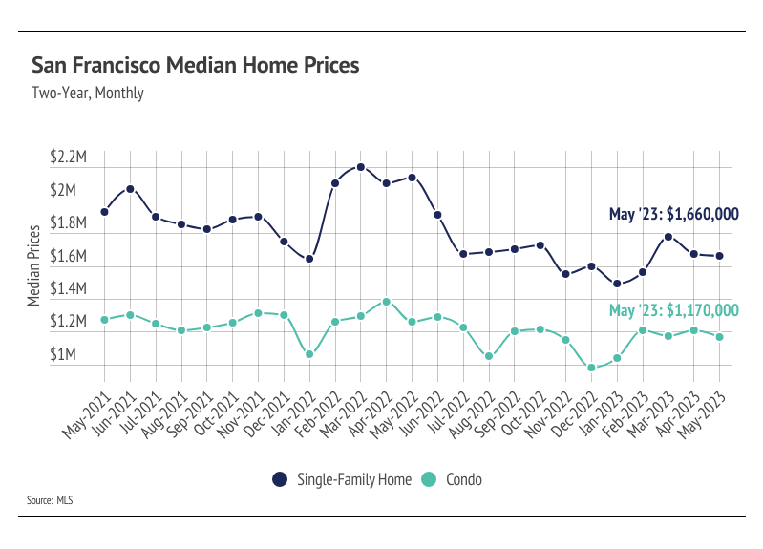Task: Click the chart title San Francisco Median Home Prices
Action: click(x=195, y=65)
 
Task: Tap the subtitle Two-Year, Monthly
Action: click(x=88, y=94)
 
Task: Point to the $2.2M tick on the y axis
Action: click(x=70, y=158)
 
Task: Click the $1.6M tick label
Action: click(x=70, y=257)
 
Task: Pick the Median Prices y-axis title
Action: click(x=33, y=265)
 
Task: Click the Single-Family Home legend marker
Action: click(x=279, y=479)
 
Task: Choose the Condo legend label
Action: click(x=464, y=479)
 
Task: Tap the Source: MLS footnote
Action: click(x=52, y=499)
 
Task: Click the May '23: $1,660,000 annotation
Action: click(x=674, y=215)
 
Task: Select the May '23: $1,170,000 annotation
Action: click(x=674, y=310)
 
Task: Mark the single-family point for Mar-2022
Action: click(x=361, y=167)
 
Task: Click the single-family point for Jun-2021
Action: click(x=130, y=189)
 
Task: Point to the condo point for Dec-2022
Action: click(x=591, y=368)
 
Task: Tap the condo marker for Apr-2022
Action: click(x=386, y=302)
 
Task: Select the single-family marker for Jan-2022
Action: click(x=309, y=259)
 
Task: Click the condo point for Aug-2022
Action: click(x=489, y=356)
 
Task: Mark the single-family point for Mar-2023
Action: click(x=668, y=237)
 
